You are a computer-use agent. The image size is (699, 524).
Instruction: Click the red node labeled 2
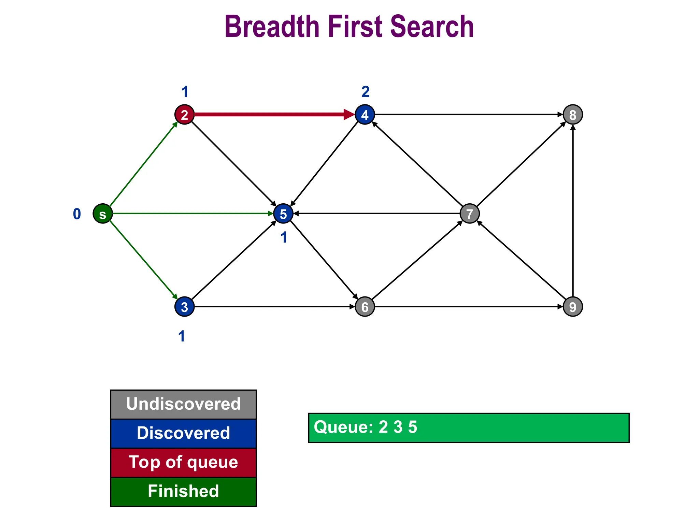(184, 115)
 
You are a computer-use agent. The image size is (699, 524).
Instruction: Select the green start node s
(103, 214)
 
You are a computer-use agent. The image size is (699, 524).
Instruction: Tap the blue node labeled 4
(365, 115)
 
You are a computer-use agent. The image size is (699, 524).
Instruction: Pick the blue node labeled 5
(283, 214)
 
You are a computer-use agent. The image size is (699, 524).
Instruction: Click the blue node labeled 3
(184, 307)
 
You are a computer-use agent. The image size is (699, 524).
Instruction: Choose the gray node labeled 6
(365, 307)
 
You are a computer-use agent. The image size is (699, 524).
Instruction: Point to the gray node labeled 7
(470, 214)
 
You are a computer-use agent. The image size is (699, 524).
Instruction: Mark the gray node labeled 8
(573, 115)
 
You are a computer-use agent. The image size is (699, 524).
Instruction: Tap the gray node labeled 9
(573, 307)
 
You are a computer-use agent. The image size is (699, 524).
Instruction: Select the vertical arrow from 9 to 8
(573, 212)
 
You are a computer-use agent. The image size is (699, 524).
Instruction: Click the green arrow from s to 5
(191, 214)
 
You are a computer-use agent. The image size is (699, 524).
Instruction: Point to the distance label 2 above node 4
(365, 92)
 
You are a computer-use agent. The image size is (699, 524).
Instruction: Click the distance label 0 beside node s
(77, 214)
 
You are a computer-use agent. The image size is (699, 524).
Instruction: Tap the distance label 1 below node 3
(182, 336)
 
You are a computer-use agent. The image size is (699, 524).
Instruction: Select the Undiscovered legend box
(183, 404)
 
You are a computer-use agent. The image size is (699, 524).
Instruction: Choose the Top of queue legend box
(183, 463)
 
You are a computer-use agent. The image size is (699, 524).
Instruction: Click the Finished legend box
(183, 492)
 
